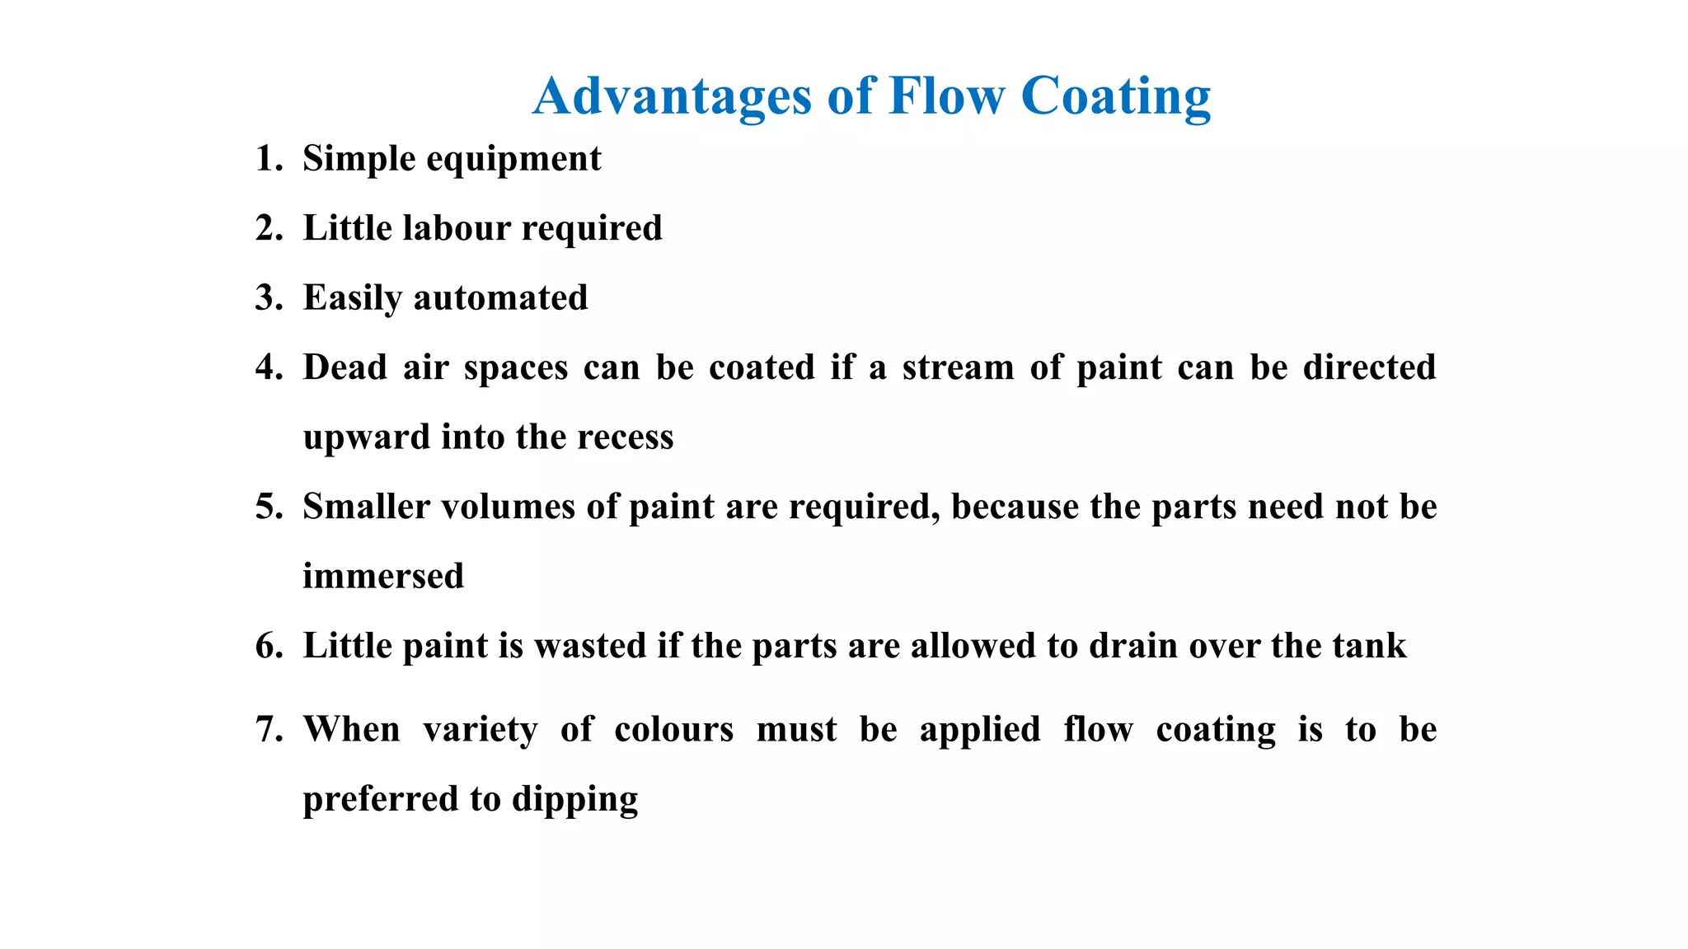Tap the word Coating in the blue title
1115,96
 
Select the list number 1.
268,158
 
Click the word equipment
513,158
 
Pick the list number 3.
268,297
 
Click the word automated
500,297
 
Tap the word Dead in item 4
345,367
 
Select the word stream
958,367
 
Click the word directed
1369,367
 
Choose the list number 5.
268,506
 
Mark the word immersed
383,576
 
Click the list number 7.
268,729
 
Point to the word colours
673,729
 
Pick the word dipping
574,799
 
